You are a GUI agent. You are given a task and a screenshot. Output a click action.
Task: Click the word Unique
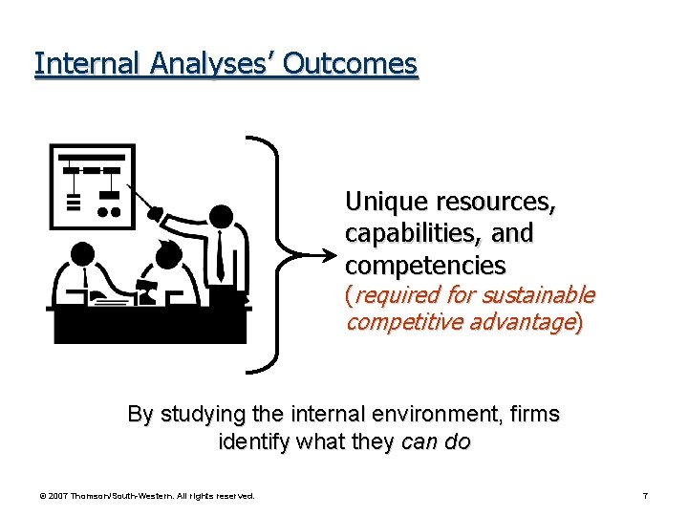coord(386,202)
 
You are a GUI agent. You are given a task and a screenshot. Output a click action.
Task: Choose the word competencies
coord(425,264)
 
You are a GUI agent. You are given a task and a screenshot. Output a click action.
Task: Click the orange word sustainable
coord(542,295)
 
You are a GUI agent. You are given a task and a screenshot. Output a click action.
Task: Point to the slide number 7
coord(646,496)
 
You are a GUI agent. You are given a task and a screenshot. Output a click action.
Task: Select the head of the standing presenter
coord(221,217)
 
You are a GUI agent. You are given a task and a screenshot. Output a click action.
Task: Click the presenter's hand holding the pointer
coord(156,215)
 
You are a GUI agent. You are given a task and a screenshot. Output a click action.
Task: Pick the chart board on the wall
coord(92,184)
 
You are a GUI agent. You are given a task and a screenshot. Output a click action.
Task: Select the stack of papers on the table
coord(111,302)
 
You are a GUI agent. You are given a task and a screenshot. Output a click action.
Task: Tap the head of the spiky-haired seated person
coord(166,256)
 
